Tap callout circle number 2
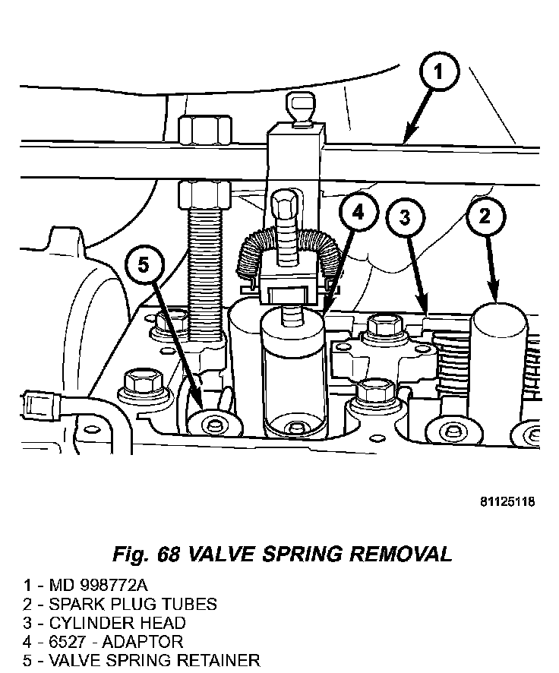[485, 216]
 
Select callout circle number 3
[406, 218]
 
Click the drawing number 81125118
[507, 502]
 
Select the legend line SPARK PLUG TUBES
[133, 605]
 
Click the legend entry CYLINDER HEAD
[117, 623]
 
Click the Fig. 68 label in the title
[146, 554]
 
